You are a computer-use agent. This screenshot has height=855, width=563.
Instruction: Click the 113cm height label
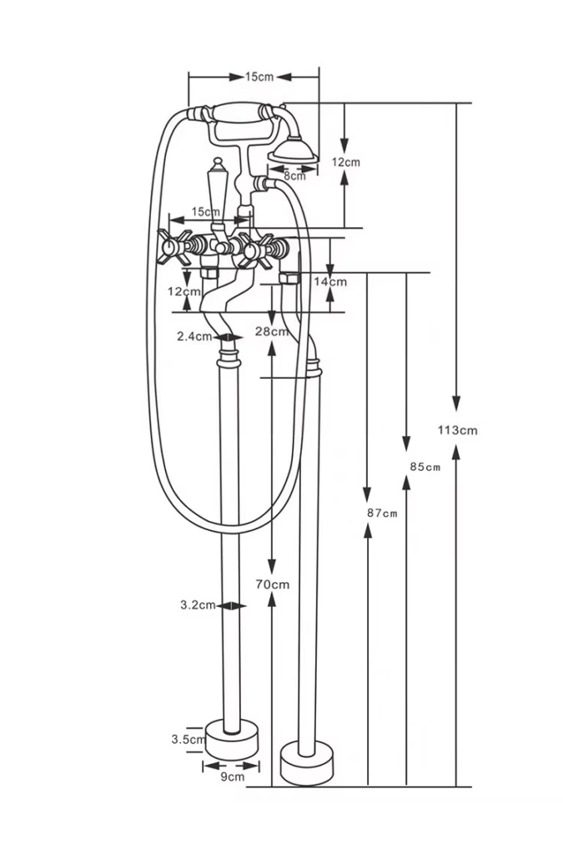(457, 430)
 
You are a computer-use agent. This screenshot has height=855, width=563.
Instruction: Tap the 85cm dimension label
(425, 467)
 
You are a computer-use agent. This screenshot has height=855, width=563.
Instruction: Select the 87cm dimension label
(382, 514)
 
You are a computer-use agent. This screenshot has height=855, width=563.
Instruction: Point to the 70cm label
(272, 584)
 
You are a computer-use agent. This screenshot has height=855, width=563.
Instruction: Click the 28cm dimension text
(272, 331)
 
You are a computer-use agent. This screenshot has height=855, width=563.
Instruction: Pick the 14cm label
(330, 281)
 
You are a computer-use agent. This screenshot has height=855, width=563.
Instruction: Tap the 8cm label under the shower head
(294, 175)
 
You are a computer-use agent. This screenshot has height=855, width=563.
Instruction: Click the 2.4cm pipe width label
(194, 336)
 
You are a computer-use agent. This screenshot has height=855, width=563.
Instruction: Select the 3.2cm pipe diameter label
(198, 605)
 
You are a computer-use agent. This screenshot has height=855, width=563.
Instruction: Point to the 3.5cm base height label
(188, 740)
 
